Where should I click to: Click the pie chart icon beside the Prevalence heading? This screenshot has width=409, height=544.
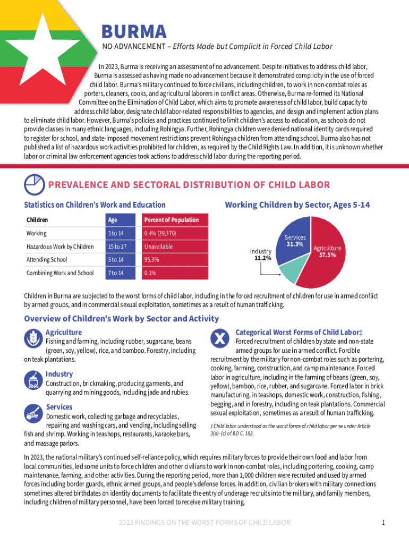35,185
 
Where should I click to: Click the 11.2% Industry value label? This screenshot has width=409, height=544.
262,258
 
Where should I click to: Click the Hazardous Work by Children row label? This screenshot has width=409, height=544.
60,246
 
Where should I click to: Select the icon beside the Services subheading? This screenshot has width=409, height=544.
33,412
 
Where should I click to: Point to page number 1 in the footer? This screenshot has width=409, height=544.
383,523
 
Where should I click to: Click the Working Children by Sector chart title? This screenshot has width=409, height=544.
297,205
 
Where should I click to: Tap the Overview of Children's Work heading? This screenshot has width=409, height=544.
122,319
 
